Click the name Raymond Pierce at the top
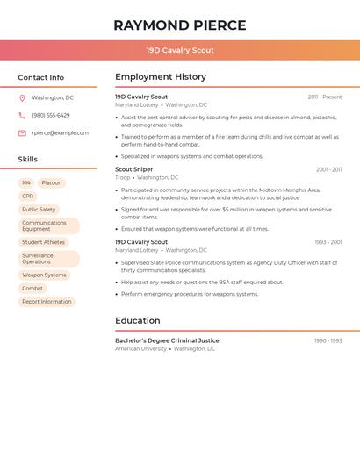point(180,25)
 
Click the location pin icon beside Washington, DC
point(22,97)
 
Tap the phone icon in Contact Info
point(22,115)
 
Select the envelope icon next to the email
point(22,133)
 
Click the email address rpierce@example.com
point(61,133)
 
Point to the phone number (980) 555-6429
point(51,115)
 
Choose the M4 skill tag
point(26,183)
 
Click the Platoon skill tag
point(52,183)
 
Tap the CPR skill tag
point(28,197)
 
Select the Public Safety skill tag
point(39,210)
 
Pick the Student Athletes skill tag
point(43,242)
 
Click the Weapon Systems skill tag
point(44,275)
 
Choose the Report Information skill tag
point(47,301)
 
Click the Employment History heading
point(161,77)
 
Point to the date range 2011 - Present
point(325,97)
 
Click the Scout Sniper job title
point(134,169)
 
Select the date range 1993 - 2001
point(328,242)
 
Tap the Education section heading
point(137,321)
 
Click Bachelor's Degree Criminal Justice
point(167,340)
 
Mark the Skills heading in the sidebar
point(28,160)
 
